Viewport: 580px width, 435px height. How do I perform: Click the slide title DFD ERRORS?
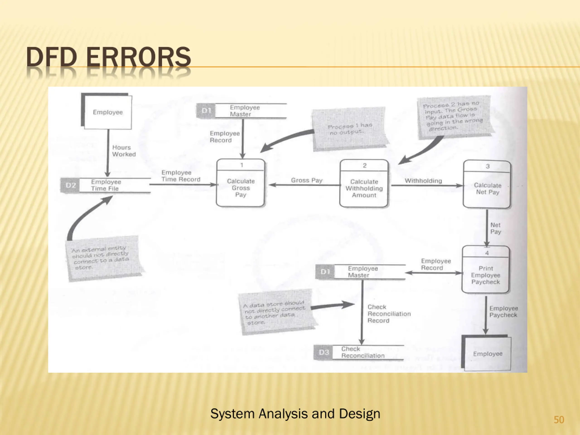pyautogui.click(x=108, y=57)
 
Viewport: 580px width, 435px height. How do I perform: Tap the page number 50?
pyautogui.click(x=559, y=420)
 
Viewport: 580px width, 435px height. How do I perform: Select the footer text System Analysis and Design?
pyautogui.click(x=295, y=413)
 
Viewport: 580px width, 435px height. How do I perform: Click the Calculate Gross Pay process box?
pyautogui.click(x=240, y=183)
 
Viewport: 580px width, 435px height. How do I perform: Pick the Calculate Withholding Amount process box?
pyautogui.click(x=364, y=184)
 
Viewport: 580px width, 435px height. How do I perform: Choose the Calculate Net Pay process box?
pyautogui.click(x=487, y=185)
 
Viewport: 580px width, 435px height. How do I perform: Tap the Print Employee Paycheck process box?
pyautogui.click(x=486, y=270)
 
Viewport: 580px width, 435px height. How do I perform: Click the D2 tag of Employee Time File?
pyautogui.click(x=70, y=185)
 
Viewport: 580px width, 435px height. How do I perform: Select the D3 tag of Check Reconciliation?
pyautogui.click(x=323, y=352)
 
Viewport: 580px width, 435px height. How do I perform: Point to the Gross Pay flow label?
pyautogui.click(x=307, y=180)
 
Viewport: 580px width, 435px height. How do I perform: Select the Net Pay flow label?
pyautogui.click(x=495, y=228)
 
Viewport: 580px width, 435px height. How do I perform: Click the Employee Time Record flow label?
pyautogui.click(x=181, y=176)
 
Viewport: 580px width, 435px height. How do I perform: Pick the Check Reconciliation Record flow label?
pyautogui.click(x=389, y=314)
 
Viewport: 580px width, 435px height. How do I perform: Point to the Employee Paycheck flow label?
pyautogui.click(x=503, y=312)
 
